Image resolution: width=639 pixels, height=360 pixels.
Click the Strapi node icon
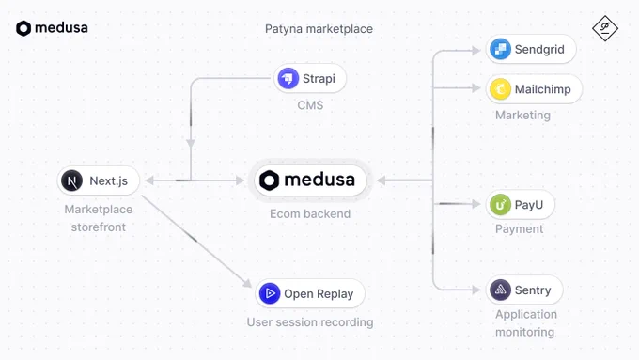pos(288,78)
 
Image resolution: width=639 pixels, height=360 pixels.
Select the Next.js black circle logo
pos(71,180)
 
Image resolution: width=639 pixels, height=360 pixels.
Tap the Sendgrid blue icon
pos(500,49)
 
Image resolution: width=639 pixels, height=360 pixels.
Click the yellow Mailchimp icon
pos(500,89)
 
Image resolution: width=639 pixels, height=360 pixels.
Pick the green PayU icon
pos(500,204)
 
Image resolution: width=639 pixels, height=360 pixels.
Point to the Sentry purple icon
pos(500,290)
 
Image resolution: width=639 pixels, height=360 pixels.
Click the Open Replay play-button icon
pos(270,293)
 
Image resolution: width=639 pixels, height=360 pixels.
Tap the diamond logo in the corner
pos(605,28)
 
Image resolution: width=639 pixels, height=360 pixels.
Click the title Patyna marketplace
pos(319,29)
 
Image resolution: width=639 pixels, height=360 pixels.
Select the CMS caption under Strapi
pos(310,105)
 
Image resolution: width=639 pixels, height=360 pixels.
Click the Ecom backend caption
pos(310,213)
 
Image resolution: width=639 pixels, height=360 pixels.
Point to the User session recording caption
pos(310,322)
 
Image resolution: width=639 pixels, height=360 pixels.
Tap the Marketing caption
pos(522,115)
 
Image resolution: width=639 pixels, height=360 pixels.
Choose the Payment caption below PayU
pos(519,228)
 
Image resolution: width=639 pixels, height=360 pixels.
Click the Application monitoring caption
pos(526,323)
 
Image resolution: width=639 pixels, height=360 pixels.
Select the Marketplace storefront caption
pos(99,218)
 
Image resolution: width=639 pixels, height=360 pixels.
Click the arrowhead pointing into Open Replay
pos(248,283)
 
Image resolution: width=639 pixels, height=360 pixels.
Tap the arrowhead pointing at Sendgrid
pos(476,51)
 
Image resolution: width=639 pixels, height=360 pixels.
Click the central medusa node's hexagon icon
pos(270,180)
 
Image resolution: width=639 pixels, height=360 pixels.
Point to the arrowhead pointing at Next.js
pos(149,180)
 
